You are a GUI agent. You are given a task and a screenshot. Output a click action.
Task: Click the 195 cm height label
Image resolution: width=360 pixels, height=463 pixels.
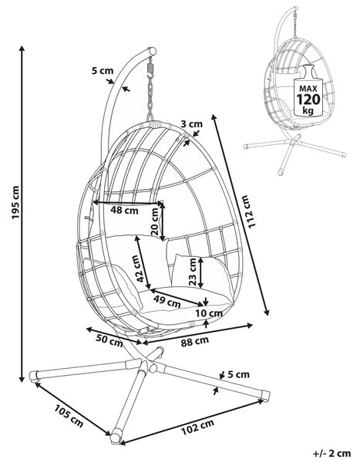(15, 202)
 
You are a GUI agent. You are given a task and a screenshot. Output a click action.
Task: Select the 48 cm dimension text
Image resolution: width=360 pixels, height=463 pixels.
(124, 211)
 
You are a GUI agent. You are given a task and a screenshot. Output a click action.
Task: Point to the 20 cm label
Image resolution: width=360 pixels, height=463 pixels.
(155, 221)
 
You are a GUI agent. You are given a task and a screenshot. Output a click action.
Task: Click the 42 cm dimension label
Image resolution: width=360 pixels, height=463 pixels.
(136, 268)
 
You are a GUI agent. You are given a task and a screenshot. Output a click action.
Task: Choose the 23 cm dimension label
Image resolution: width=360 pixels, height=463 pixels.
(193, 272)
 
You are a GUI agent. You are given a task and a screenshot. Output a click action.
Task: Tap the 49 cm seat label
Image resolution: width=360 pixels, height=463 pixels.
(167, 301)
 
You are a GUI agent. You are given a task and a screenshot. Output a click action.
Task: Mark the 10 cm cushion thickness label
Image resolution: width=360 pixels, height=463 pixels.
(209, 313)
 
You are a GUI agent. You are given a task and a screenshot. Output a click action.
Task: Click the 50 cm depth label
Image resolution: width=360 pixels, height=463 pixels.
(109, 340)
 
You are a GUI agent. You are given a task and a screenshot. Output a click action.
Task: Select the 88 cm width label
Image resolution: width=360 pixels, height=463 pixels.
(194, 341)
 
